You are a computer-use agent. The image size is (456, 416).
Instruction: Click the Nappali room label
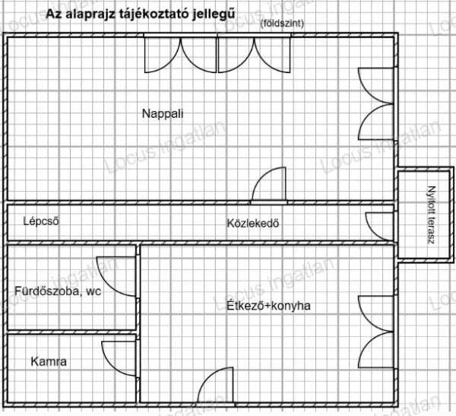coord(163,113)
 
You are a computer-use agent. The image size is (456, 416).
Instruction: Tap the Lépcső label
coord(41,221)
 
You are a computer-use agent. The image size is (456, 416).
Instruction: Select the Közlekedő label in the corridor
coord(253,224)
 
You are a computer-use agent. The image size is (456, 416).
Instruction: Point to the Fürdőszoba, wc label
coord(58,291)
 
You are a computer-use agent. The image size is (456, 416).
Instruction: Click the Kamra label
coord(49,361)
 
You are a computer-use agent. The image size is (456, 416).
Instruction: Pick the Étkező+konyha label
coord(268,306)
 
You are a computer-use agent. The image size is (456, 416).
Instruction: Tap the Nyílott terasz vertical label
coord(432,214)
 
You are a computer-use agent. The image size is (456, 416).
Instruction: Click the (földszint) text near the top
coord(282,24)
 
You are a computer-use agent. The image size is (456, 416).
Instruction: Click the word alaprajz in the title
coord(91,14)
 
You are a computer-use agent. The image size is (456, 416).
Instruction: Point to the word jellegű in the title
coord(213,14)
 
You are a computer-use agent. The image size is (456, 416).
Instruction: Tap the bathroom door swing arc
coord(116,277)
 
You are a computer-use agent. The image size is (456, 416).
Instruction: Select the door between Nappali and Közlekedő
coord(269,184)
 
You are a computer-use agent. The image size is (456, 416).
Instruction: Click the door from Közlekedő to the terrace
coord(380,226)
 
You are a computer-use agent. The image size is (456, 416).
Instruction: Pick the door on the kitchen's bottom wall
coord(216,385)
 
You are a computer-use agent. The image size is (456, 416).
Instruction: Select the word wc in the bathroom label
coord(93,291)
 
